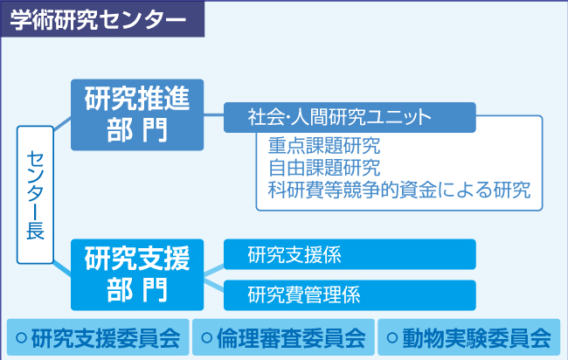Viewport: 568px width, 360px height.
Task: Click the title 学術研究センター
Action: pos(98,19)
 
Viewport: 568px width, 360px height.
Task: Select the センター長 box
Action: pos(35,195)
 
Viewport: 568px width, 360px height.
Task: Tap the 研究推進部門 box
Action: pos(137,114)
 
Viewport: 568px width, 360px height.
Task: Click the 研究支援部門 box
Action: pos(137,274)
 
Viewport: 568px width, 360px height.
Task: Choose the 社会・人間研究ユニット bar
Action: pos(350,117)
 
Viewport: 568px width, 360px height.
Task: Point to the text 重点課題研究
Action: pos(324,146)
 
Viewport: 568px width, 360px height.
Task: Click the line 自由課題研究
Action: pos(324,168)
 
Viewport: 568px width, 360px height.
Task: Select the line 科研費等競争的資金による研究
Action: pos(399,190)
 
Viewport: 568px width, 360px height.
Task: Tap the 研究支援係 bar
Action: pos(350,254)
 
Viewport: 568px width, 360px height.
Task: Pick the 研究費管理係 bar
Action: pos(350,295)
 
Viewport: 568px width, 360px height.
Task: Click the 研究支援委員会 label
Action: pos(106,338)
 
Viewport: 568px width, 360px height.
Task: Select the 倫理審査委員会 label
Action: pos(291,338)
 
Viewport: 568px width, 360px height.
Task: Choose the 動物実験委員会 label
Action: pos(477,338)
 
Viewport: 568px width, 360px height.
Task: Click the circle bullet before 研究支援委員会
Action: pos(21,338)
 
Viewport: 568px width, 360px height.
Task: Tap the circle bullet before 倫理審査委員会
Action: pos(207,338)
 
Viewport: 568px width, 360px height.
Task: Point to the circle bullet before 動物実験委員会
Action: pos(392,338)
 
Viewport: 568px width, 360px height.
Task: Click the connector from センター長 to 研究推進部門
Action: pos(62,123)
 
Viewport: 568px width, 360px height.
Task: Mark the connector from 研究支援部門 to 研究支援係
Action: pos(214,271)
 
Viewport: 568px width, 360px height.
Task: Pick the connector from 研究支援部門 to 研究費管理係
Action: pos(214,285)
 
